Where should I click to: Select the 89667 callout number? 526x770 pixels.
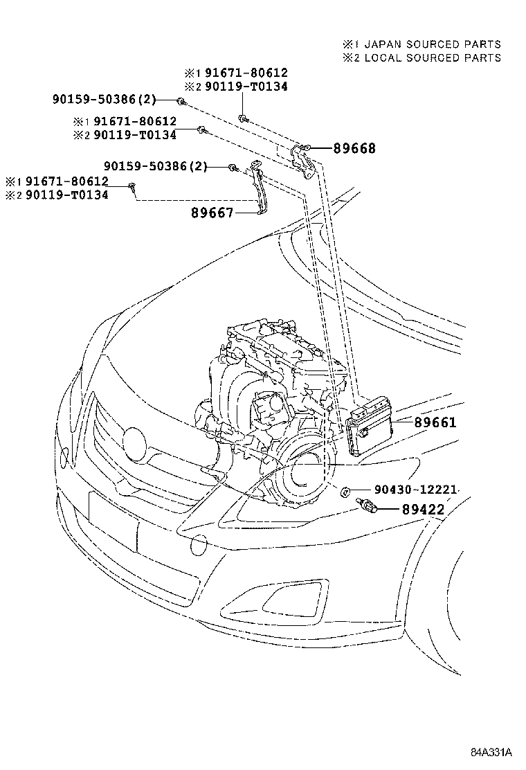(212, 213)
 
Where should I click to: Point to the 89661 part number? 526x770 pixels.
(435, 422)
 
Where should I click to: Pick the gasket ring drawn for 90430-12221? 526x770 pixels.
(344, 492)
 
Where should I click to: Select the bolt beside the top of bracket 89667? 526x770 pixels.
(234, 168)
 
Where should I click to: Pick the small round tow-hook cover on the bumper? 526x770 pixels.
(199, 546)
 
